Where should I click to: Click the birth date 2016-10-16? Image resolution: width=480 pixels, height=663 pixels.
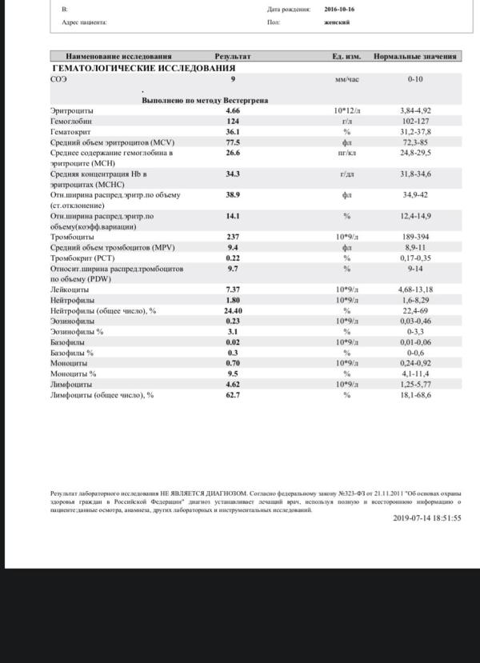click(x=341, y=10)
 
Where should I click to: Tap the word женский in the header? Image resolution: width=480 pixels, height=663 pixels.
click(x=337, y=23)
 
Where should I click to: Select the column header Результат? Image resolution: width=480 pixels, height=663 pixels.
click(x=233, y=57)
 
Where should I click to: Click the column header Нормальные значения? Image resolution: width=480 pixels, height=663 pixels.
click(x=415, y=57)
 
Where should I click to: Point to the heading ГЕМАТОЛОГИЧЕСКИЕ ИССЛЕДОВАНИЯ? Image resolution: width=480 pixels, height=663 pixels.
click(x=143, y=68)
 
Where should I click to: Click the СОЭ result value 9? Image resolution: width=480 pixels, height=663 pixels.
click(x=233, y=79)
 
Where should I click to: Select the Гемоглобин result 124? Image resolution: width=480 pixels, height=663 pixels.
click(x=233, y=121)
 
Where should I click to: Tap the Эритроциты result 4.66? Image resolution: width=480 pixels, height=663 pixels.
click(x=233, y=110)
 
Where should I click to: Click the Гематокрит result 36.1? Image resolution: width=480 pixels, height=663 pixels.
click(x=233, y=131)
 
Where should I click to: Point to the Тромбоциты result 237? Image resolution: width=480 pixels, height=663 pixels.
click(x=233, y=237)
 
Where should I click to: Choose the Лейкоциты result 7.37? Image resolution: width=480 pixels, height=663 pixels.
click(x=233, y=289)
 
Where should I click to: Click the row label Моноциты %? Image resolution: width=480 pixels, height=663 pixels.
click(x=73, y=373)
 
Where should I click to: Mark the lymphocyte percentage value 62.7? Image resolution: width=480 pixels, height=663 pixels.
click(x=233, y=394)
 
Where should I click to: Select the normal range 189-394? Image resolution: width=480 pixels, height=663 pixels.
click(x=415, y=237)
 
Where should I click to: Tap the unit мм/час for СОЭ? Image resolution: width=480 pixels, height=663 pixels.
click(x=347, y=80)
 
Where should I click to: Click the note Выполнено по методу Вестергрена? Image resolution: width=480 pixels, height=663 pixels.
click(x=204, y=101)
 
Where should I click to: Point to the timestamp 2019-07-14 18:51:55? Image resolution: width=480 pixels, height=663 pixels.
click(x=427, y=517)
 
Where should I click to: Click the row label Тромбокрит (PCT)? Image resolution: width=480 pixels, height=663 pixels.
click(x=82, y=258)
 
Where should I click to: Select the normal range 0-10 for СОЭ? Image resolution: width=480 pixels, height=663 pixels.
click(x=415, y=80)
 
